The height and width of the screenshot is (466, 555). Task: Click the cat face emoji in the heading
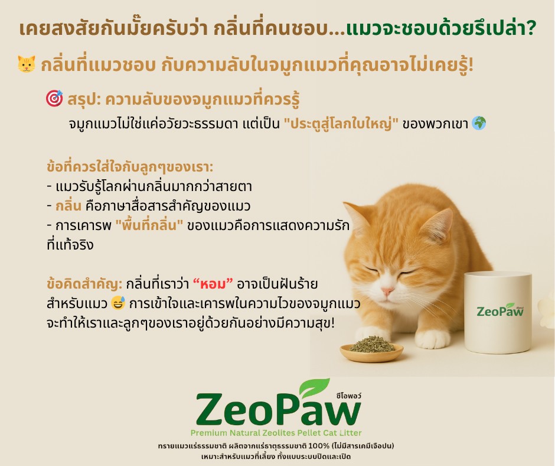pos(27,64)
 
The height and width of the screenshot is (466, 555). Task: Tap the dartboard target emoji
pos(54,99)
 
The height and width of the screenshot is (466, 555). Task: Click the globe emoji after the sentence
pos(479,125)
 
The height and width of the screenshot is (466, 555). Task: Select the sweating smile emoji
pos(117,305)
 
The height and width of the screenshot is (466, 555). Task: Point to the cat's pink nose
pos(387,292)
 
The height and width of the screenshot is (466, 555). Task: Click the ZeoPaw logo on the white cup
pos(500,310)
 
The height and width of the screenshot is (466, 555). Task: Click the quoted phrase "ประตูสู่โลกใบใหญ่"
pos(341,125)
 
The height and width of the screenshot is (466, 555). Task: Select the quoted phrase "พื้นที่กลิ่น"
pos(149,226)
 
